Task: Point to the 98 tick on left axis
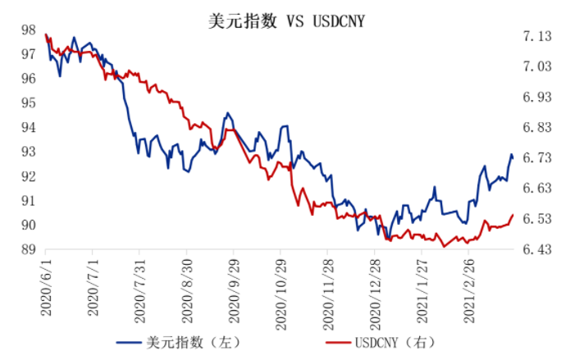pyautogui.click(x=28, y=30)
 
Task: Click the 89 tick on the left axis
pyautogui.click(x=28, y=250)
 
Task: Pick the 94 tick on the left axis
pyautogui.click(x=28, y=128)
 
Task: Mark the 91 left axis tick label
pyautogui.click(x=28, y=201)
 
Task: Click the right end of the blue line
pyautogui.click(x=513, y=157)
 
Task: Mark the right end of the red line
pyautogui.click(x=513, y=215)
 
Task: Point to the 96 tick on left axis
pyautogui.click(x=28, y=79)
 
